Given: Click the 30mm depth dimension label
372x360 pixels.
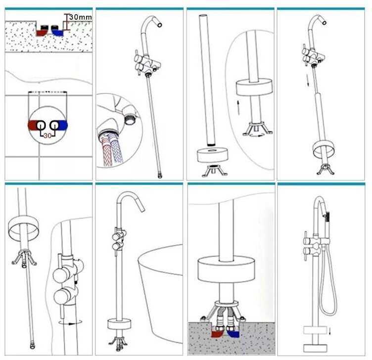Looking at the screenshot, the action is [80, 17].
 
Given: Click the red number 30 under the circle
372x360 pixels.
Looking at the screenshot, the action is [47, 135].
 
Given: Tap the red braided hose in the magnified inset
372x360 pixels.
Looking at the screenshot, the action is [106, 152].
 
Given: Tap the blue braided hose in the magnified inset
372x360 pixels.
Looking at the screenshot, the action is [117, 150].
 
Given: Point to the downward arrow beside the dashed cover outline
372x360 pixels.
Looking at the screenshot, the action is [329, 331].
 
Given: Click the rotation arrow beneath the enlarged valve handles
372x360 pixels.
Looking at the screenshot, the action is [70, 322].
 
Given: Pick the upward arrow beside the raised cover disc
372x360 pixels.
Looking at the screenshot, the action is [238, 108].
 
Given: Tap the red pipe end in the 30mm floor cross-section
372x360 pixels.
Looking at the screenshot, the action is [41, 33].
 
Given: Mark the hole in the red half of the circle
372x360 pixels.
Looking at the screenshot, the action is [41, 125].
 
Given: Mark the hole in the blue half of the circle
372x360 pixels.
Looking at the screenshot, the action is [54, 125].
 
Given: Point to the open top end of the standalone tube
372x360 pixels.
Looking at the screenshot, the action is [203, 16].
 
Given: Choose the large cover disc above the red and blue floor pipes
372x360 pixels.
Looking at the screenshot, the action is [226, 270].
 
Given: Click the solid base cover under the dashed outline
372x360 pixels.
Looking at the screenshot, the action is [315, 349].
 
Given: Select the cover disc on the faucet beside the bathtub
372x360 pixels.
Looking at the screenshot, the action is [119, 324].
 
